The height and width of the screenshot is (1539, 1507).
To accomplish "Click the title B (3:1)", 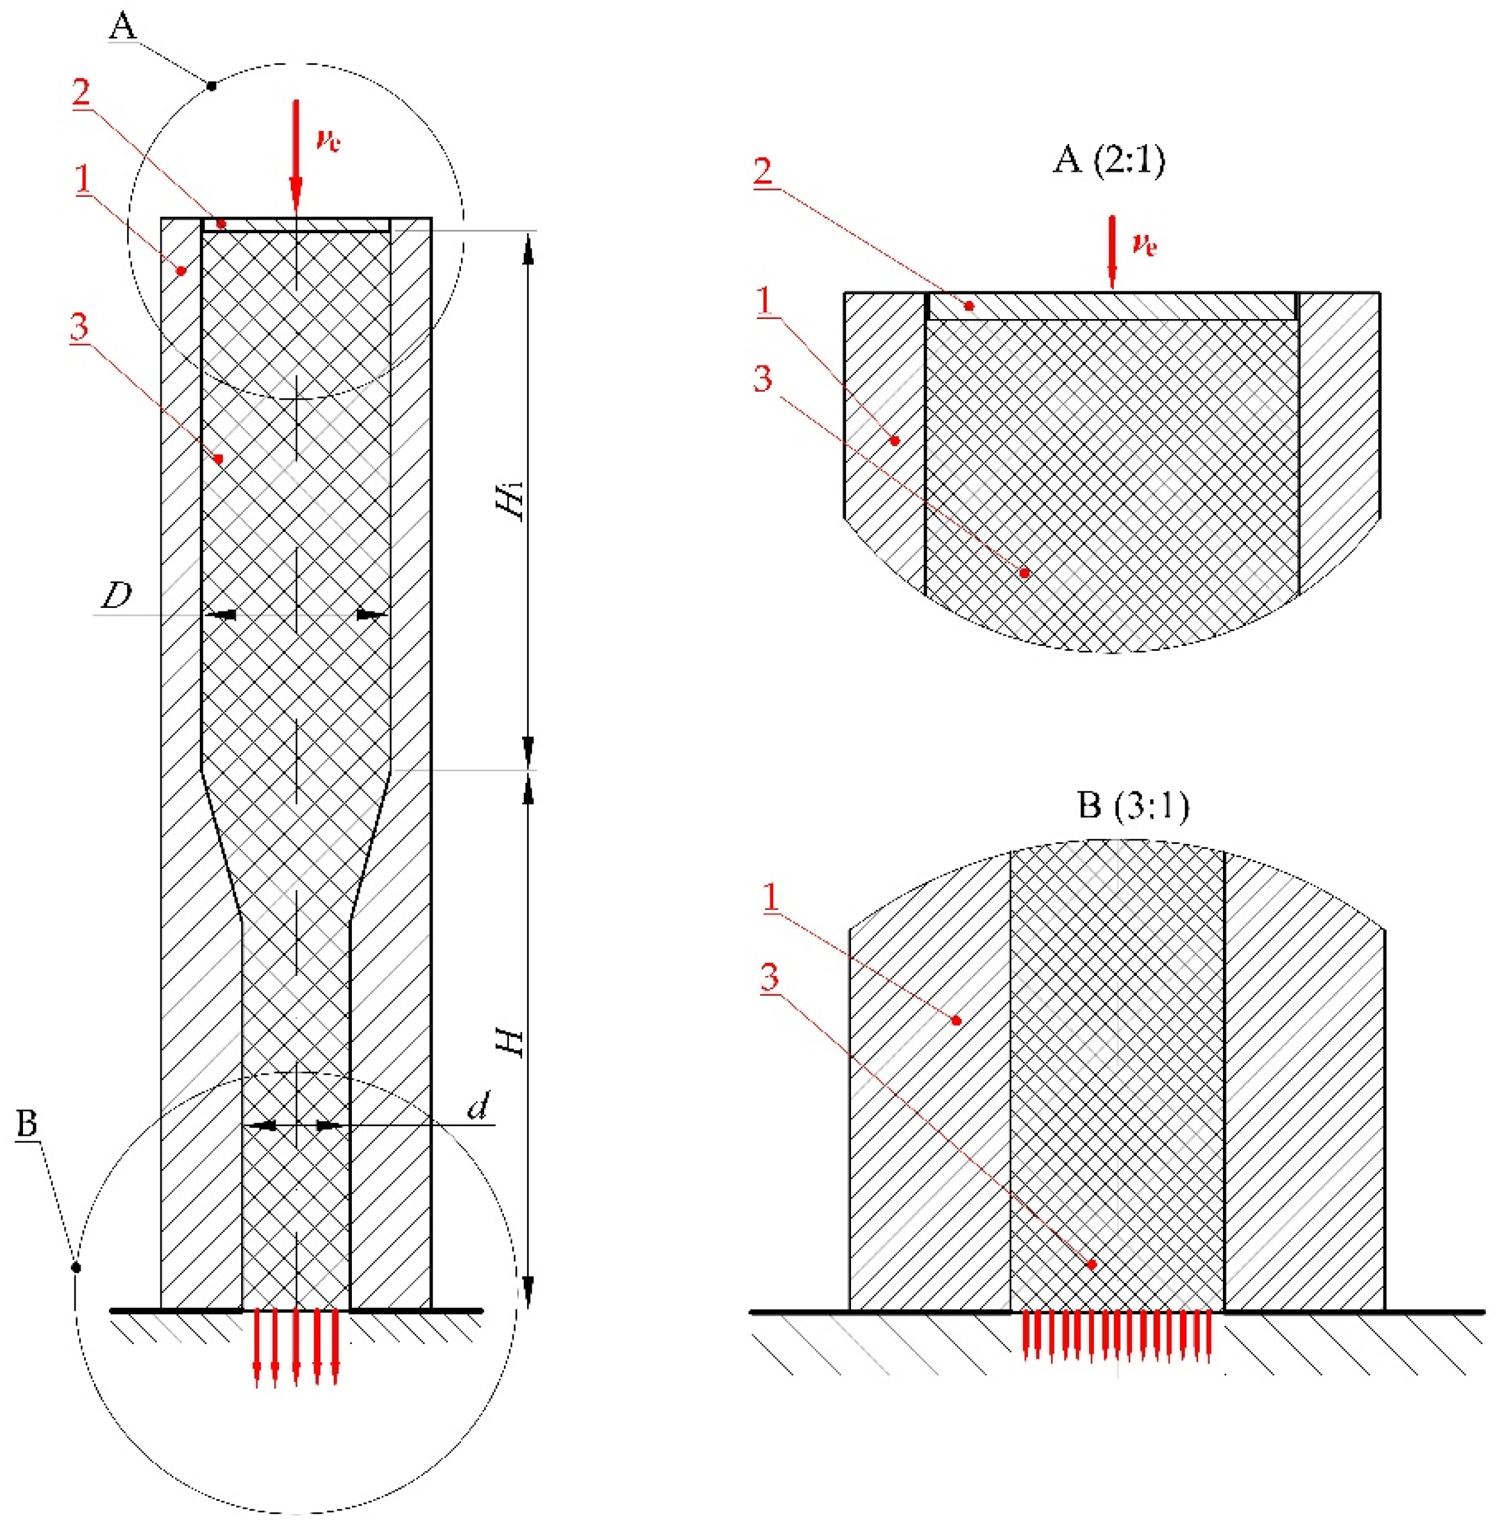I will [1133, 805].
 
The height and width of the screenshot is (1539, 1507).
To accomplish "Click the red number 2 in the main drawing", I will [82, 93].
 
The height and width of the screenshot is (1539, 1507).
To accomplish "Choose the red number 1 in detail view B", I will [769, 897].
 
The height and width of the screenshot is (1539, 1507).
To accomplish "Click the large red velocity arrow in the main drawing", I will [296, 158].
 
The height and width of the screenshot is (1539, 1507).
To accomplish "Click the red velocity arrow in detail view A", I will [1112, 252].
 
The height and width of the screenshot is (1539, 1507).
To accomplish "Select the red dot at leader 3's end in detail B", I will [1091, 1264].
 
